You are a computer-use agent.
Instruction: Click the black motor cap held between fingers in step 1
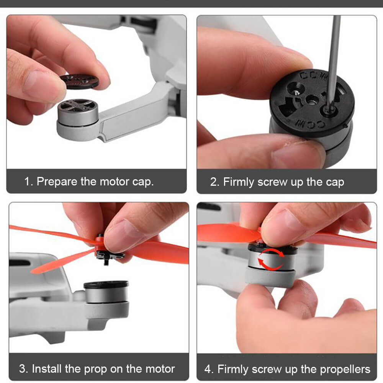pos(79,81)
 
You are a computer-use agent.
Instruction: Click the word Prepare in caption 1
pos(57,182)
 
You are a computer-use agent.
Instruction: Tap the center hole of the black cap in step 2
pos(311,100)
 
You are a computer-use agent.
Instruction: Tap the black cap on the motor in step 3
pos(106,285)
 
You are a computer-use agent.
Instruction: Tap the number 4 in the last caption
pos(208,369)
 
